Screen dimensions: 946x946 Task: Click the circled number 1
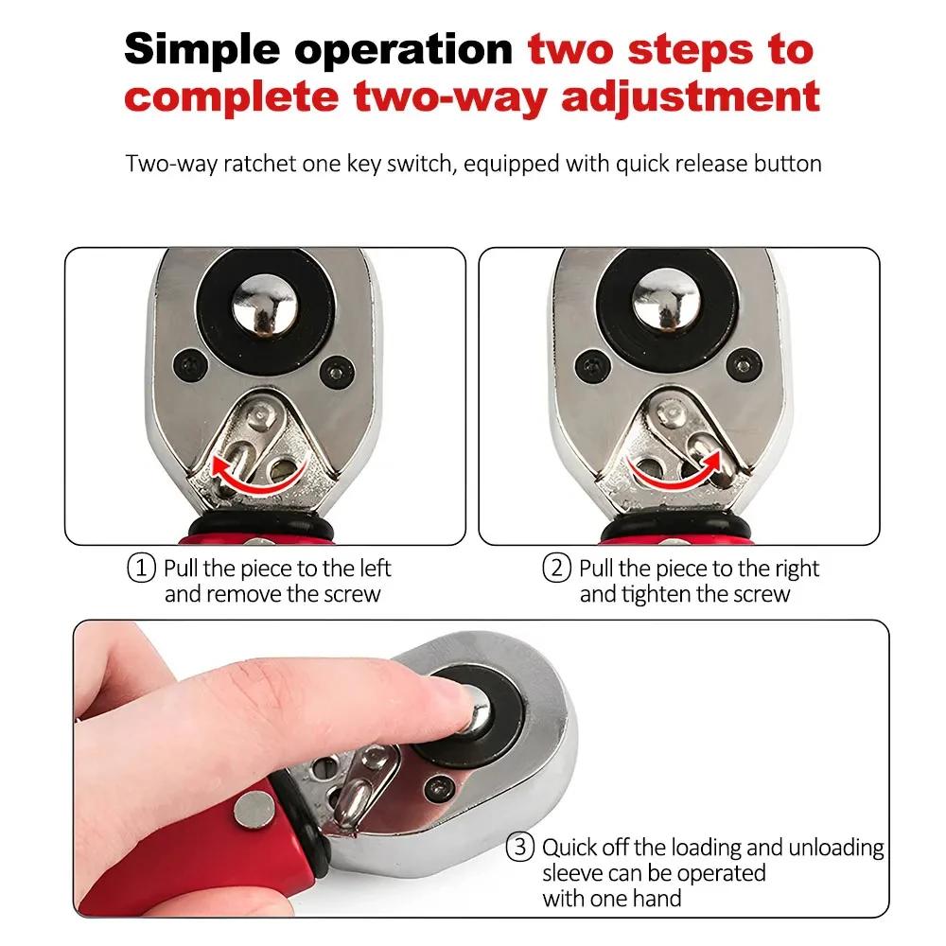140,569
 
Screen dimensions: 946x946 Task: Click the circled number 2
556,569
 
